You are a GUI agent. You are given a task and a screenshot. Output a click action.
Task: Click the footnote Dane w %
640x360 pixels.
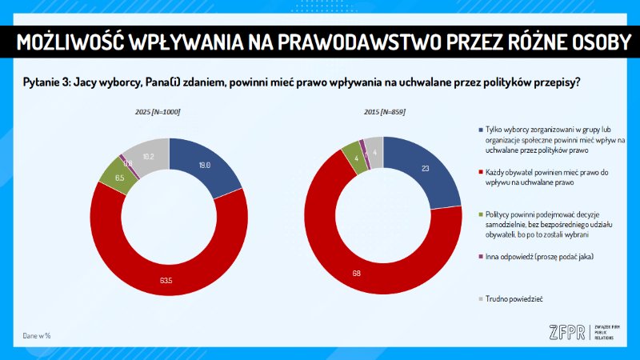pos(37,335)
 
